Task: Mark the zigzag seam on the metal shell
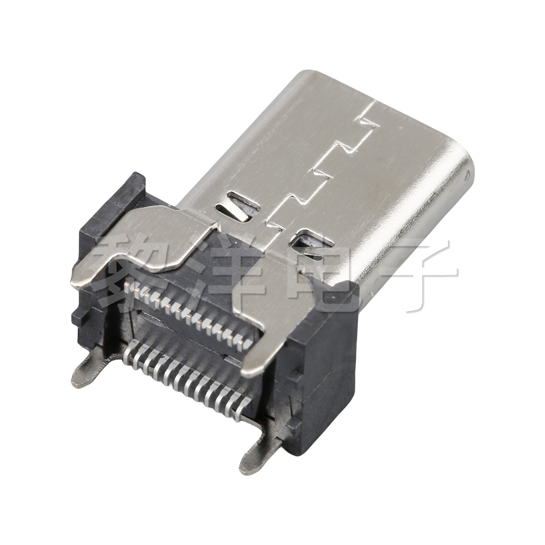(322, 169)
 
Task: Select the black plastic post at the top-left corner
(134, 188)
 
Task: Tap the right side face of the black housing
(327, 381)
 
